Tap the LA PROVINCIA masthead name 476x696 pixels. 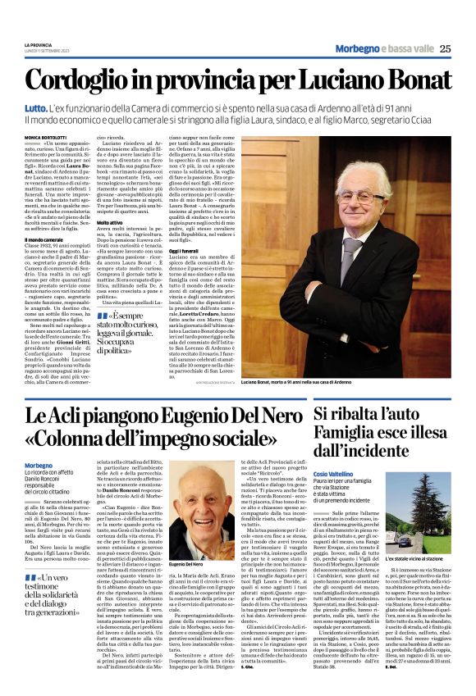[x=36, y=43]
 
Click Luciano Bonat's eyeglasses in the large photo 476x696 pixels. [x=362, y=197]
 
